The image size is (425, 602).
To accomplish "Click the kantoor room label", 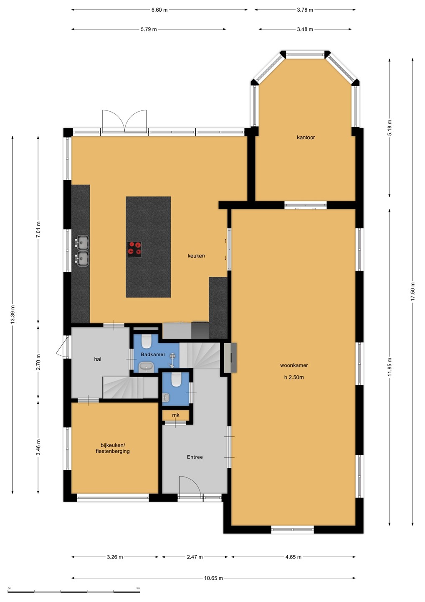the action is pos(306,137).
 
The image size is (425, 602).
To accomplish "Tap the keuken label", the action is pos(196,256).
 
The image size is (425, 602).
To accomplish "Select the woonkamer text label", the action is pos(294,365).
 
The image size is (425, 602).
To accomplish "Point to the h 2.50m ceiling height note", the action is pos(294,378).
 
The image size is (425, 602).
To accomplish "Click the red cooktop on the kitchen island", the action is pos(134,250).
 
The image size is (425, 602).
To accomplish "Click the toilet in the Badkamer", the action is pos(147,341).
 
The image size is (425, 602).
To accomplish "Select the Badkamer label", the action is pos(153,355).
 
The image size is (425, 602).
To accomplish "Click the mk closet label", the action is pos(175,415).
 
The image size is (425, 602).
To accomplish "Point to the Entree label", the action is pos(195,457).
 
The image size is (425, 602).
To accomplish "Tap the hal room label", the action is pos(98,359).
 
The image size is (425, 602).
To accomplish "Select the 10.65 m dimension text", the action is pos(213,576).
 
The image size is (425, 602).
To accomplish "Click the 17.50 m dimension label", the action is pos(412,292).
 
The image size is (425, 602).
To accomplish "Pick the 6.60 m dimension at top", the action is pos(159,10).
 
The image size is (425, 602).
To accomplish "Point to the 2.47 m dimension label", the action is pos(195,557).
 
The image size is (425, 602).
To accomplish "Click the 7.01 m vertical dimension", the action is pos(38,230).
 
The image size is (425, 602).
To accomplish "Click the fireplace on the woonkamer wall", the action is pos(230,357).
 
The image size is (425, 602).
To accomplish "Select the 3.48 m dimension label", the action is pos(305,29).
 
